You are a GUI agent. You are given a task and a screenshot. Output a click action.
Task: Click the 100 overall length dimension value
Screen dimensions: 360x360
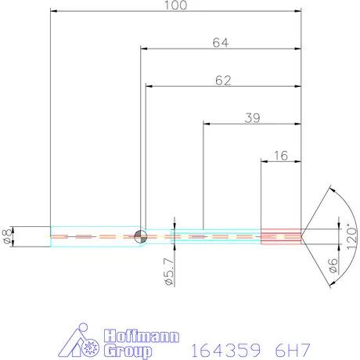[175, 5]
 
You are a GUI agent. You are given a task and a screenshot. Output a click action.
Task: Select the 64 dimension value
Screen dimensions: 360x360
[221, 43]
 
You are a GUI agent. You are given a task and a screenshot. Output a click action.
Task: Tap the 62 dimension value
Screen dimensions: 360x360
[223, 81]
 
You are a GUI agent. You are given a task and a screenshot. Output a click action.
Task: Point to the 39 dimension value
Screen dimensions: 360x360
[252, 118]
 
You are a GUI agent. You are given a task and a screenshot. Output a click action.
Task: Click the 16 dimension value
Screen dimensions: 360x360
[281, 156]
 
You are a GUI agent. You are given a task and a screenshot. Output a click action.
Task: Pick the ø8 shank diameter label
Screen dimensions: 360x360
[6, 237]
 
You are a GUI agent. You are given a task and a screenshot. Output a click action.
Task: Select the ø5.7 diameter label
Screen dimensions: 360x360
[169, 272]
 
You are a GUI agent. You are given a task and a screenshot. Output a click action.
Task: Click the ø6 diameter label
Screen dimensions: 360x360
[333, 266]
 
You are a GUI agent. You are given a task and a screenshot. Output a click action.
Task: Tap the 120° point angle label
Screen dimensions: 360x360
[351, 236]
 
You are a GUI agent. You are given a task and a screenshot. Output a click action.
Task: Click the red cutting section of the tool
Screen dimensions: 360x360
[281, 236]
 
